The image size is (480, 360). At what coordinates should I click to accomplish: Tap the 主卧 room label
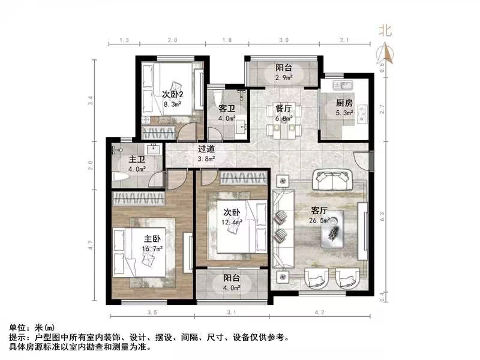[142, 238]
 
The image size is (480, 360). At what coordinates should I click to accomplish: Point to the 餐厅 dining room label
[284, 109]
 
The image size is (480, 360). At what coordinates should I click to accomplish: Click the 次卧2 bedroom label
[172, 94]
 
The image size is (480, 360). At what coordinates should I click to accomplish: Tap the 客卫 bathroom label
[226, 109]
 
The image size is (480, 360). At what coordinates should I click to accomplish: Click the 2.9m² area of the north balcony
[284, 77]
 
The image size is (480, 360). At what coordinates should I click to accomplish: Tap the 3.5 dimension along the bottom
[151, 313]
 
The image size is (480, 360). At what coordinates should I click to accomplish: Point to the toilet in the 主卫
[119, 176]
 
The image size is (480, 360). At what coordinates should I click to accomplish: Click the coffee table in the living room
[331, 229]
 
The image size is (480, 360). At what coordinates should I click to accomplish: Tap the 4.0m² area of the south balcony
[232, 288]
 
